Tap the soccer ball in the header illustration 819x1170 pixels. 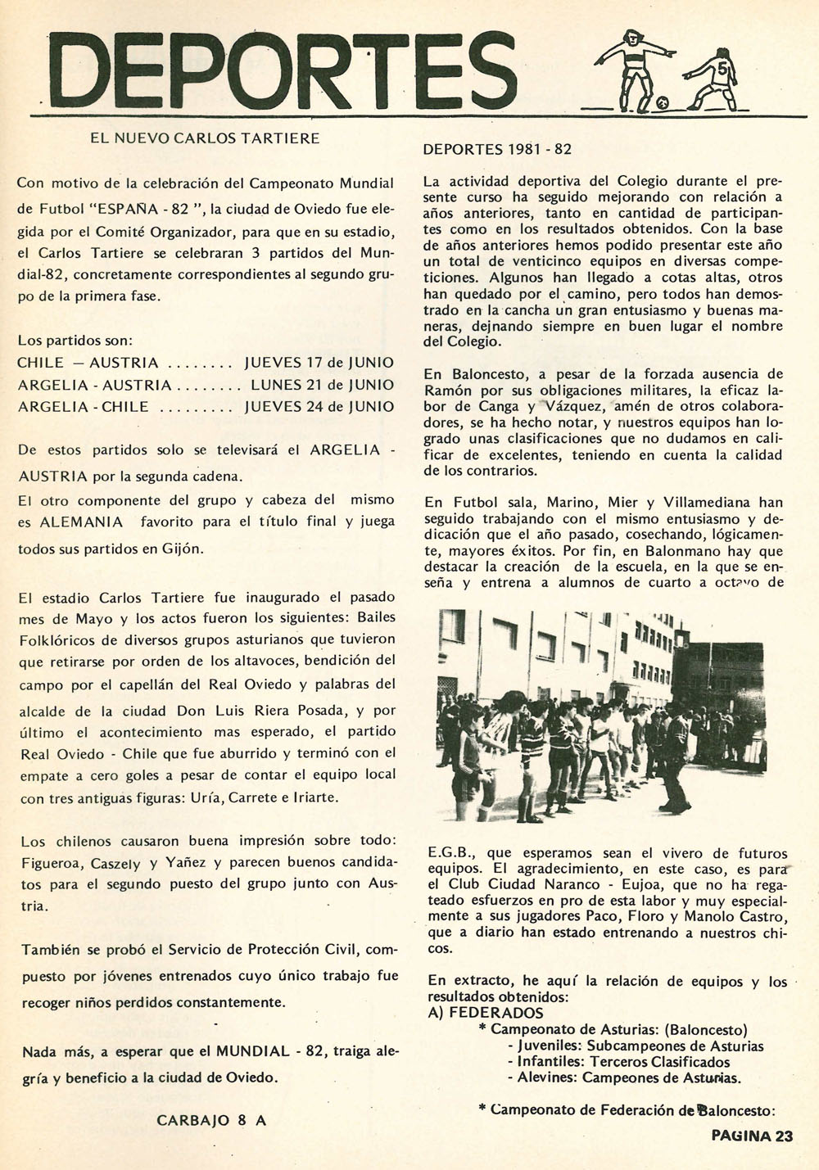click(x=663, y=103)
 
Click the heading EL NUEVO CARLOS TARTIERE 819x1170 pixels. click(x=205, y=138)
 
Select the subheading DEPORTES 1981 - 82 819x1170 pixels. click(x=497, y=150)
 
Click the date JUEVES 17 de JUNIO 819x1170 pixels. click(x=319, y=363)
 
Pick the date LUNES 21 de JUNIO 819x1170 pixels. click(x=322, y=385)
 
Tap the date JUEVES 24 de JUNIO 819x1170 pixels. click(x=319, y=407)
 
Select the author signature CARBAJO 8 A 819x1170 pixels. click(x=211, y=1121)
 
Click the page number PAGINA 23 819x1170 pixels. click(x=752, y=1136)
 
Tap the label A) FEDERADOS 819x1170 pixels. click(x=486, y=1013)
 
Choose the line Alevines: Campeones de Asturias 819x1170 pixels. click(x=629, y=1077)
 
